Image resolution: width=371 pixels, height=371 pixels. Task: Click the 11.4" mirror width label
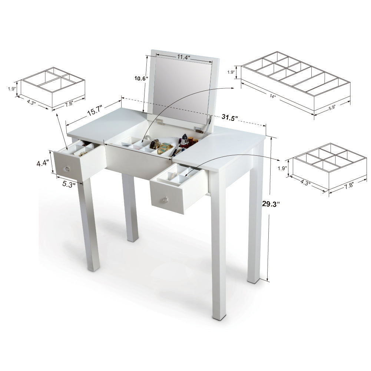[183, 57]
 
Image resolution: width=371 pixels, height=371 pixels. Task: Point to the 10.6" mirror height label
[141, 78]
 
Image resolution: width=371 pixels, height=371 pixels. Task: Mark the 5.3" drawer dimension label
[68, 183]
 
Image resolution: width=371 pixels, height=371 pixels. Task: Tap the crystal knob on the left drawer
[67, 169]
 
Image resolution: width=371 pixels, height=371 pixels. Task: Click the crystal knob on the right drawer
[163, 201]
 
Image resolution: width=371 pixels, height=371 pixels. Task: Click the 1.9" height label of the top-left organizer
[12, 89]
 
